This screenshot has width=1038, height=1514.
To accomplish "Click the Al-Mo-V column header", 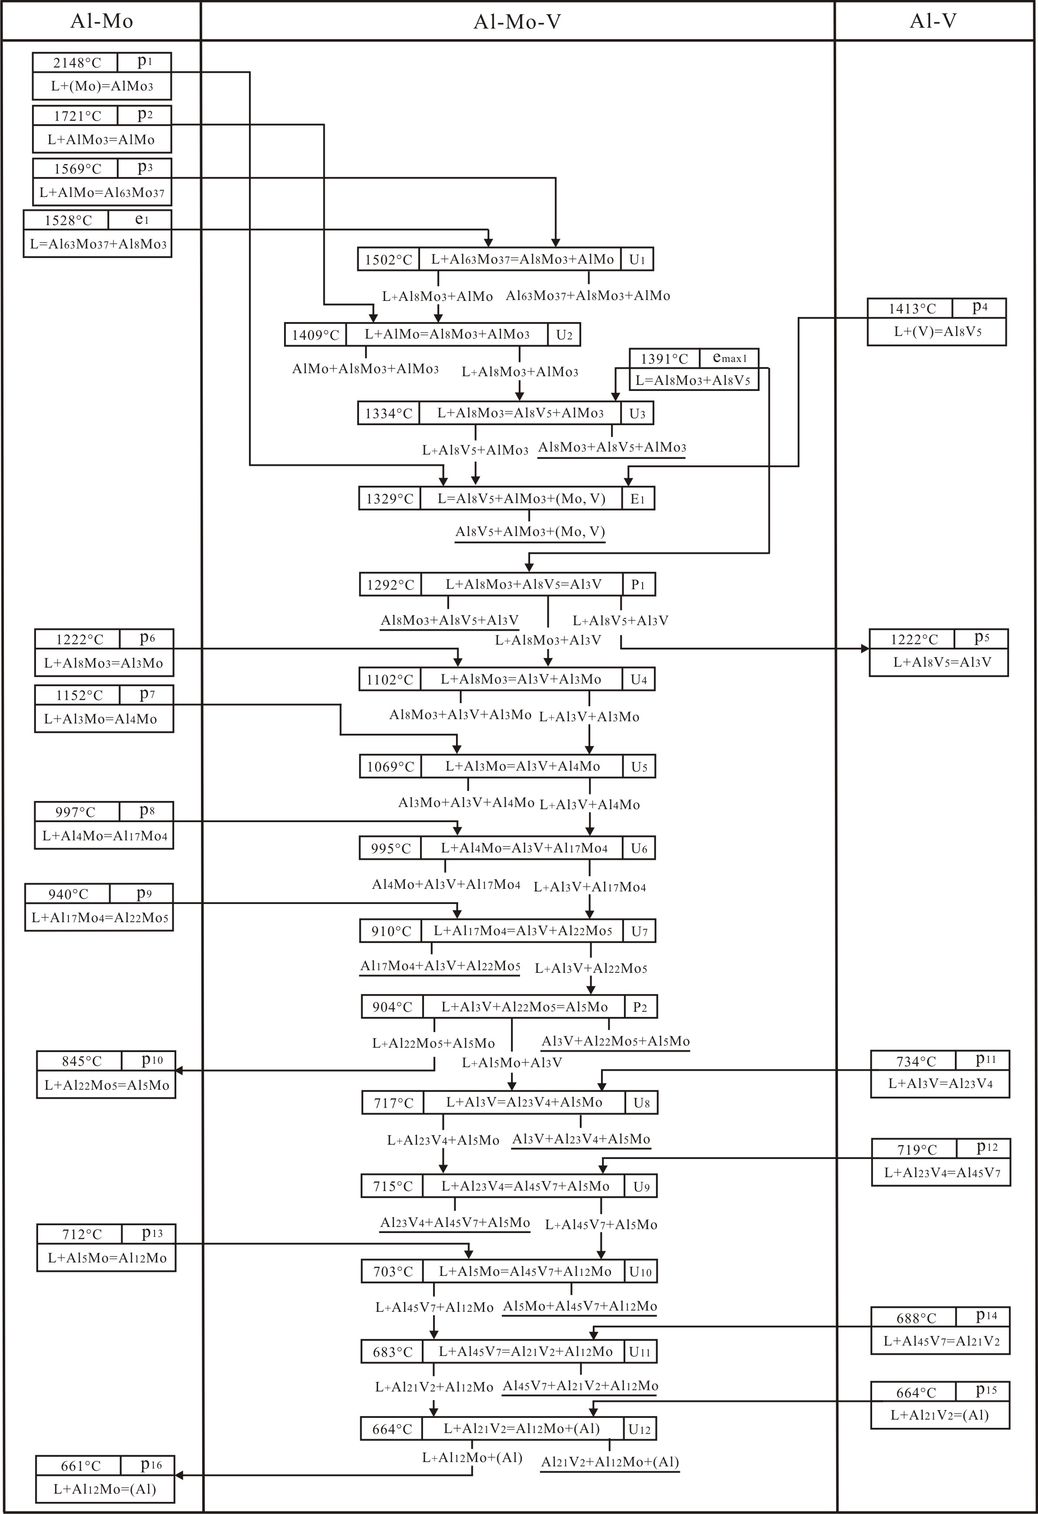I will [517, 22].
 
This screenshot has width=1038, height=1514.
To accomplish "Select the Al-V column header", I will [933, 22].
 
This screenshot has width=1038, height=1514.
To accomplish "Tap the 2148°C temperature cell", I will [76, 62].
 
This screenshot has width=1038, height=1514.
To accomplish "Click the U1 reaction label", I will [637, 259].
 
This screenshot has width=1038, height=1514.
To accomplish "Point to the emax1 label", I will [729, 358].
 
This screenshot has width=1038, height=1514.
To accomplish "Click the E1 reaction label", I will [638, 499].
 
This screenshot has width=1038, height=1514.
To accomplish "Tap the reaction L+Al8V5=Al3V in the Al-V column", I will [939, 662].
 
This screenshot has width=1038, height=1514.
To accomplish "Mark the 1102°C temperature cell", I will [390, 679].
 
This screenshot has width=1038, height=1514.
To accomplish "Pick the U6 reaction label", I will [639, 848].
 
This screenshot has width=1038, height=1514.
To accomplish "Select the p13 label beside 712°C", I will [152, 1233].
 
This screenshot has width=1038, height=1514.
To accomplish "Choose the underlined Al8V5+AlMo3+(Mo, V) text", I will [530, 532].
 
